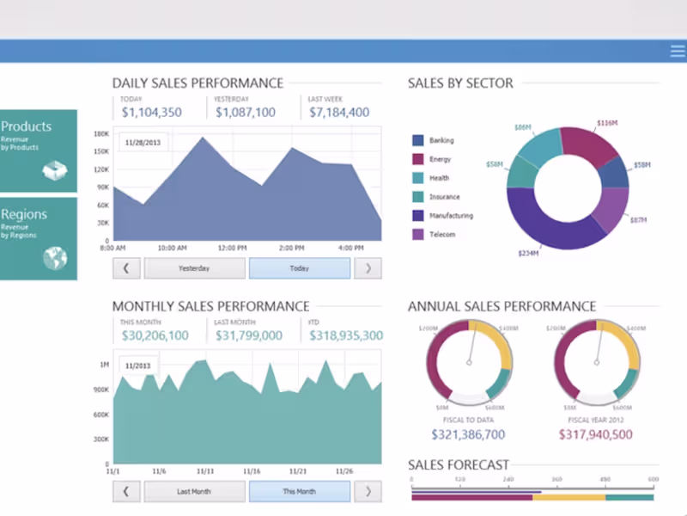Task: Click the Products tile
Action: coord(38,150)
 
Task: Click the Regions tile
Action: coord(38,238)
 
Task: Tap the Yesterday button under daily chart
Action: coord(194,268)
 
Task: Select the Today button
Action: coord(299,268)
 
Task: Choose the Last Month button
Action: coord(194,492)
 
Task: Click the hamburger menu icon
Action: coord(678,51)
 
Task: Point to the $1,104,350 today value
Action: coord(151,112)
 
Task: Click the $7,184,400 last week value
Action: coord(339,112)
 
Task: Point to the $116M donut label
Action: coord(606,123)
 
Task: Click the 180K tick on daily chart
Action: coord(101,133)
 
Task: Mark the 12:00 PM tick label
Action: coord(233,248)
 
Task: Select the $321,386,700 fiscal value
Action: coord(468,434)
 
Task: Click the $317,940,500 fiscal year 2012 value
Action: coord(595,434)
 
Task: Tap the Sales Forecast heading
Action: coord(459,464)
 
